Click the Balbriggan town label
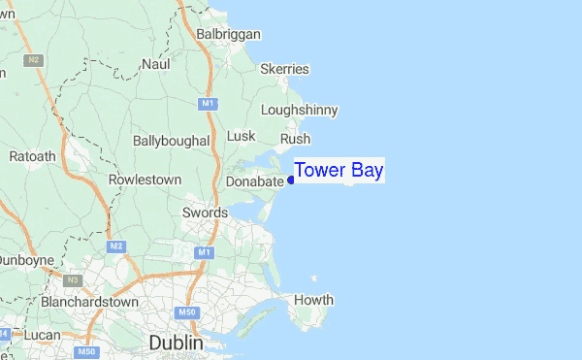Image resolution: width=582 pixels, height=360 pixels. [228, 34]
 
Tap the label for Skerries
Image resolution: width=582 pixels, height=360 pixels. [284, 69]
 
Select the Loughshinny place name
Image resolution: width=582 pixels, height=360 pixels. [299, 110]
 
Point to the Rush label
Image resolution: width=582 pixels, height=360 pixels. [295, 139]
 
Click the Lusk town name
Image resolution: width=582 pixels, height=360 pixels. [241, 136]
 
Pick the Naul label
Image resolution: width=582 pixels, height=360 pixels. [155, 64]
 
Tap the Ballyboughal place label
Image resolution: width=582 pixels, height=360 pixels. [171, 141]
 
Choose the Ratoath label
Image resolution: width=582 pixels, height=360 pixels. [33, 156]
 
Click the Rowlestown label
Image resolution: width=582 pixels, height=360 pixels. [145, 180]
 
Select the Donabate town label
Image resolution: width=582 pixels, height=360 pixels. [254, 181]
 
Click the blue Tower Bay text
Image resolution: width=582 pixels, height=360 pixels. [339, 171]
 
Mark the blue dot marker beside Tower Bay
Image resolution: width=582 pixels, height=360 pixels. [291, 180]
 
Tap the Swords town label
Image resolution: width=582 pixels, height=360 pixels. [205, 213]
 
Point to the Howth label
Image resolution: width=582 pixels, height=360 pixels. [313, 300]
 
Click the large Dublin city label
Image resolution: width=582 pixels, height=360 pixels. [176, 344]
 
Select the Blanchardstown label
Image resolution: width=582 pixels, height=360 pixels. [90, 302]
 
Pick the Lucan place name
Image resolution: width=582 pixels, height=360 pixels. [42, 335]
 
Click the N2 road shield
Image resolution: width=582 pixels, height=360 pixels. [34, 60]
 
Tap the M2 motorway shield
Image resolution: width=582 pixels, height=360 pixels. [117, 245]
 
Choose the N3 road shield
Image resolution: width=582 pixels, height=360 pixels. [71, 280]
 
